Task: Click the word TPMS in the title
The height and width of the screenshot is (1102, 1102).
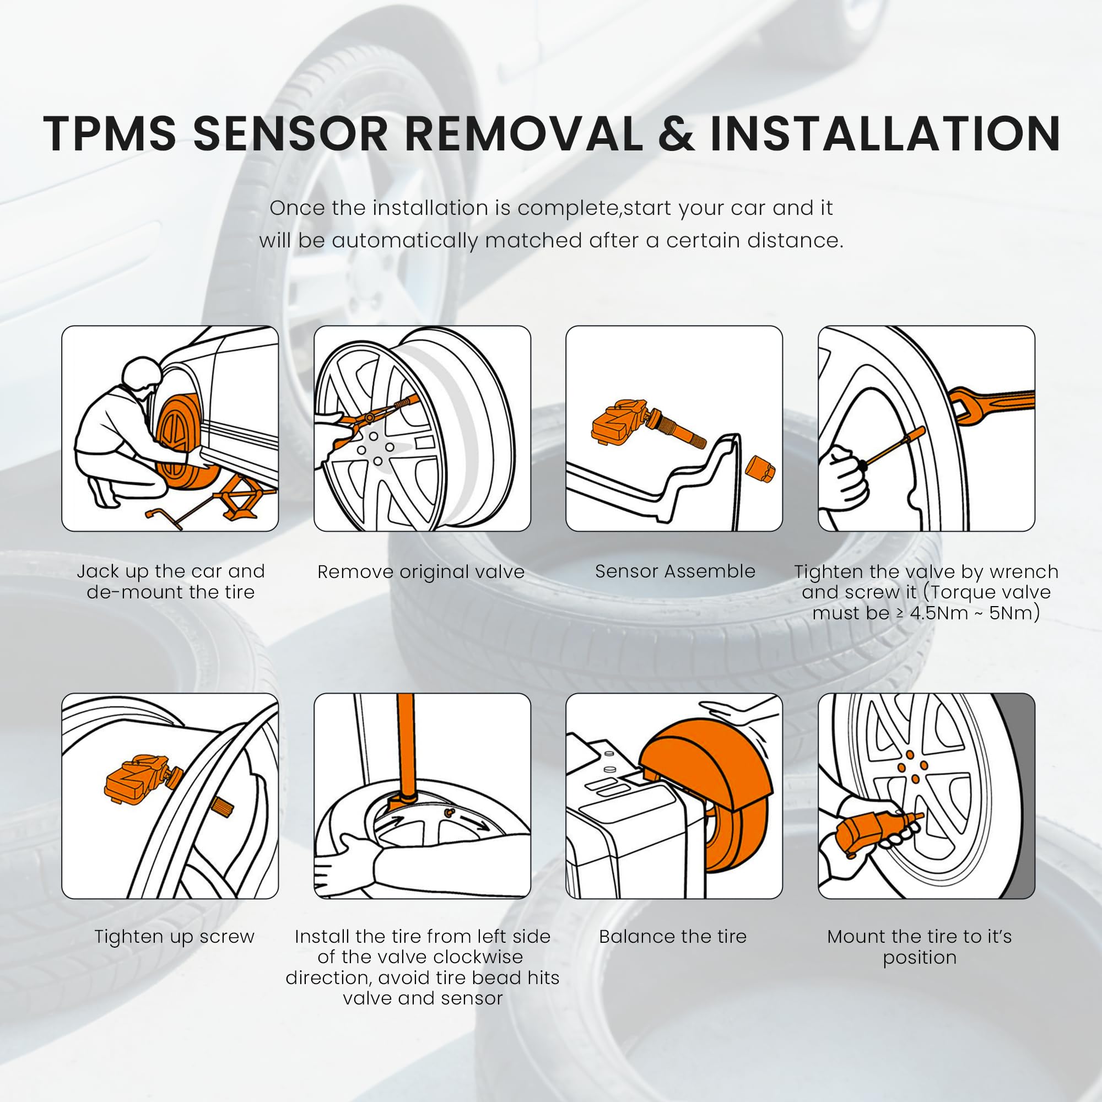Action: [110, 134]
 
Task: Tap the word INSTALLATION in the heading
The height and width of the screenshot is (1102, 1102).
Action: [884, 134]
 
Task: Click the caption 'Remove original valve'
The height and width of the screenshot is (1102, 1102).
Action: [421, 571]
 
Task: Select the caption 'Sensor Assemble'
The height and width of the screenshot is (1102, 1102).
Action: [675, 571]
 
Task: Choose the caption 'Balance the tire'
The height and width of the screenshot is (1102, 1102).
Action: [672, 937]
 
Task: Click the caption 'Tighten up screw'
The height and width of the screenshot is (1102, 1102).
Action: [174, 937]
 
